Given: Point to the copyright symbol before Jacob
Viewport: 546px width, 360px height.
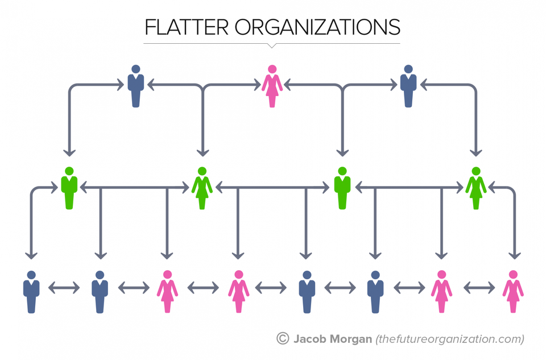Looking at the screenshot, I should tap(283, 339).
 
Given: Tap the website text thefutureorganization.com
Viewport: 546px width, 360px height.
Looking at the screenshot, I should tap(450, 340).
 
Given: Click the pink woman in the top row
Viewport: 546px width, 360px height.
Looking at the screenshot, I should tap(272, 86).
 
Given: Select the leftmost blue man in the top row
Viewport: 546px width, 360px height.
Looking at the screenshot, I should tap(135, 86).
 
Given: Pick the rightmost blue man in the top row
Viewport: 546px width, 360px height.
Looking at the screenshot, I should tap(408, 86).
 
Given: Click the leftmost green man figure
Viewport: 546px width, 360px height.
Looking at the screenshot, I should tap(69, 188).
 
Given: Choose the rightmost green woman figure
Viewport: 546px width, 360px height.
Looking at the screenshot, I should tap(476, 188).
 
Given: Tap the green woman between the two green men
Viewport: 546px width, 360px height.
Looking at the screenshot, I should tap(202, 188).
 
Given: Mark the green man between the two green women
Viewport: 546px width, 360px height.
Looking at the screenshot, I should tap(341, 188).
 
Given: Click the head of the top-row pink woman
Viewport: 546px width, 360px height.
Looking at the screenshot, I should tap(272, 69).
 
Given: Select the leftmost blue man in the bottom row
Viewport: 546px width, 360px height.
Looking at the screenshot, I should tap(31, 291).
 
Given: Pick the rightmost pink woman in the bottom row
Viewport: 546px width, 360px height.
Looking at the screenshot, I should tap(513, 291).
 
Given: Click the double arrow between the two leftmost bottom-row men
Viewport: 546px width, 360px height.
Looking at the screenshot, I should tap(64, 288).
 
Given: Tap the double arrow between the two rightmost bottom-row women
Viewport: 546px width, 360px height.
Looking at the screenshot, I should tap(478, 288).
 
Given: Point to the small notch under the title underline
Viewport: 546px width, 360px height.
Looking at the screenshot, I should tap(272, 45).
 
